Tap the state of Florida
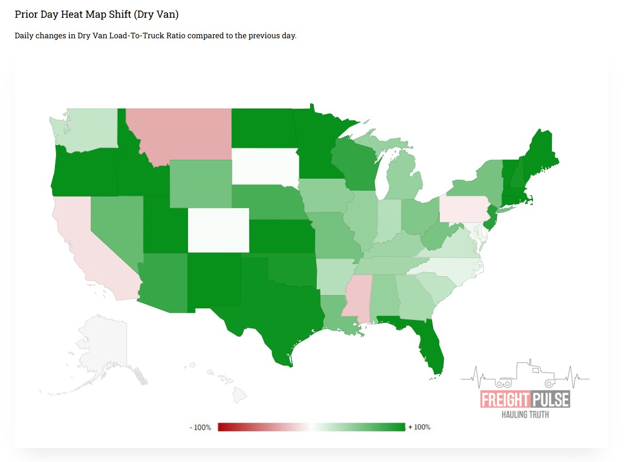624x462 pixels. (x=427, y=344)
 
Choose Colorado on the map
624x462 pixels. (x=219, y=230)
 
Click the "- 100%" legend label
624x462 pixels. (x=200, y=428)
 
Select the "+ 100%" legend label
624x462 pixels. (x=419, y=427)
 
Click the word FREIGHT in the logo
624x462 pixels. (x=500, y=399)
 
